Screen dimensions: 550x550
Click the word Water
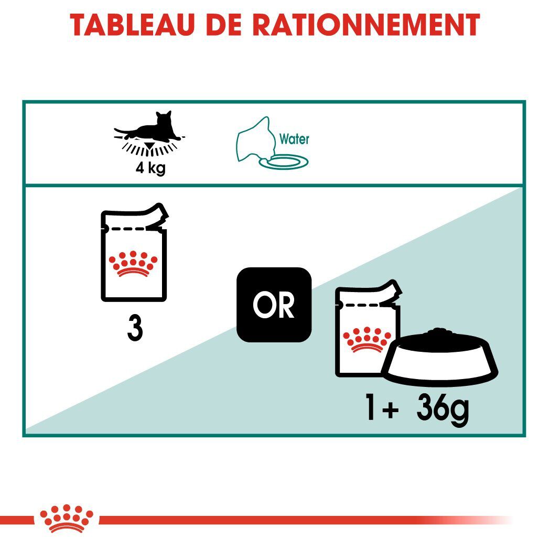tap(294, 139)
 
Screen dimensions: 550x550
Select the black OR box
tap(274, 305)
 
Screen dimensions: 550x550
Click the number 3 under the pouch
tap(135, 329)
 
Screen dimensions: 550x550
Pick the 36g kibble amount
tap(441, 409)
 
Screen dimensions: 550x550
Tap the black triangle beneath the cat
tap(152, 145)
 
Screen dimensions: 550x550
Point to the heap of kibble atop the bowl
tap(439, 334)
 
